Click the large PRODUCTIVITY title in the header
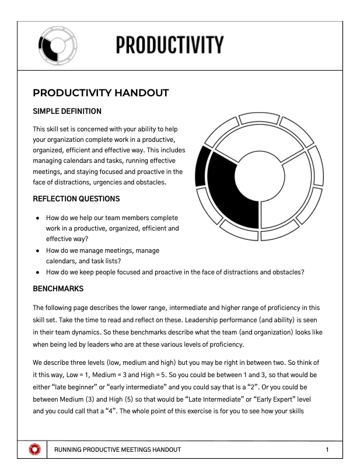[x=169, y=45]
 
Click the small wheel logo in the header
[x=57, y=44]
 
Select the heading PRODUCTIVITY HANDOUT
[x=101, y=93]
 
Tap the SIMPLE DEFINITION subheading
[x=67, y=111]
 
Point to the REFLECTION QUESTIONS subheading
[x=76, y=198]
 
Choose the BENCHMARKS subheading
[x=58, y=288]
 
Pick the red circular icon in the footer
[x=36, y=449]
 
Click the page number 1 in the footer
[x=327, y=449]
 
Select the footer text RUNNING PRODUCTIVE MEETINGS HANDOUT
[x=117, y=449]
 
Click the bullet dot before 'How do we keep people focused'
[x=37, y=272]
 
